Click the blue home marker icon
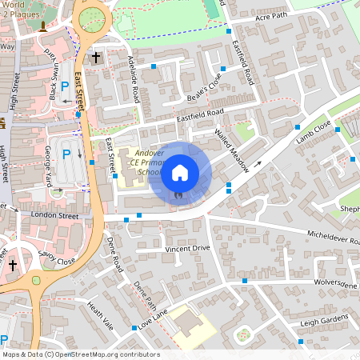point(180,172)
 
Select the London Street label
point(54,215)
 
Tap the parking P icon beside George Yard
point(66,154)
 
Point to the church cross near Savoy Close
point(12,265)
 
